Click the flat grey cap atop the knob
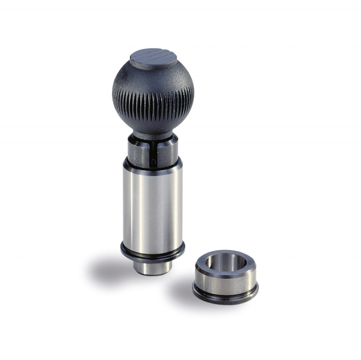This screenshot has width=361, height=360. (153, 58)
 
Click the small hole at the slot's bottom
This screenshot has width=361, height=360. (153, 161)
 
